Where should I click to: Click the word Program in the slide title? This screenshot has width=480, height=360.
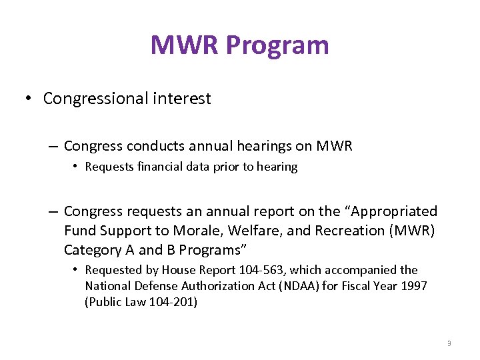point(277,45)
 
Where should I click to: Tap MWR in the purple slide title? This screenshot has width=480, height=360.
point(185,45)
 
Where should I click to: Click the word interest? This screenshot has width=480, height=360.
point(181,99)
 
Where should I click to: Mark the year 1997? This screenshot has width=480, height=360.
point(413,285)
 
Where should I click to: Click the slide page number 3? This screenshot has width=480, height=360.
point(449,343)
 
